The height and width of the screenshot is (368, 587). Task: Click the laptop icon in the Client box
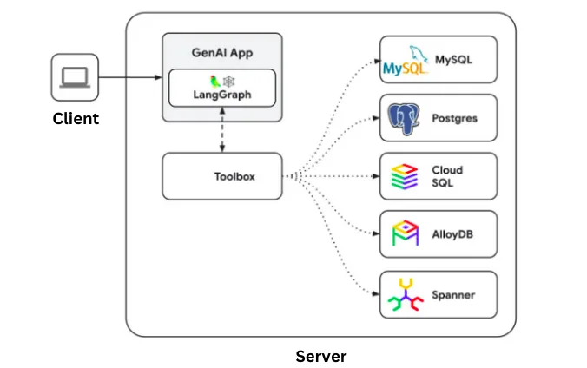[75, 77]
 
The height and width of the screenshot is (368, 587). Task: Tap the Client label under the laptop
[76, 119]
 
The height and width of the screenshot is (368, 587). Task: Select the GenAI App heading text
[222, 53]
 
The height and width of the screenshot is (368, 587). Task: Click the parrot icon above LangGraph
[214, 82]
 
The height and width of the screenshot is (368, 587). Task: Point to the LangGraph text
[222, 95]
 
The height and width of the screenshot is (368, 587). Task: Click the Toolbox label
[234, 176]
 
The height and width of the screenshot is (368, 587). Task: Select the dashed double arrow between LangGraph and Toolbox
[222, 130]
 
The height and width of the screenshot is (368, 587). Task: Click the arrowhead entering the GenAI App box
[158, 77]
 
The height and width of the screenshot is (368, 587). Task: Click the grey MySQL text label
[453, 60]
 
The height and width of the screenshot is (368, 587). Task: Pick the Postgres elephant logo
[404, 119]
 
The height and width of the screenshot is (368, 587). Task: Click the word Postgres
[454, 118]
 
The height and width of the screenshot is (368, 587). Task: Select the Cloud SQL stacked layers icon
[405, 176]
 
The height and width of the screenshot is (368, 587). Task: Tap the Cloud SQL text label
[447, 176]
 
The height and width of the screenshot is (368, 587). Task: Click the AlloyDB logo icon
[405, 233]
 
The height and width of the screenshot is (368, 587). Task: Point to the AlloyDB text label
[452, 234]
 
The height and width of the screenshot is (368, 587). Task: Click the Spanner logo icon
[406, 294]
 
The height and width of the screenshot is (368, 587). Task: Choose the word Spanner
[453, 295]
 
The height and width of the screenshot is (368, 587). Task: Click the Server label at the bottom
[321, 356]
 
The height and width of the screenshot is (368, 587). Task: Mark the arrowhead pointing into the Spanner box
[376, 294]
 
